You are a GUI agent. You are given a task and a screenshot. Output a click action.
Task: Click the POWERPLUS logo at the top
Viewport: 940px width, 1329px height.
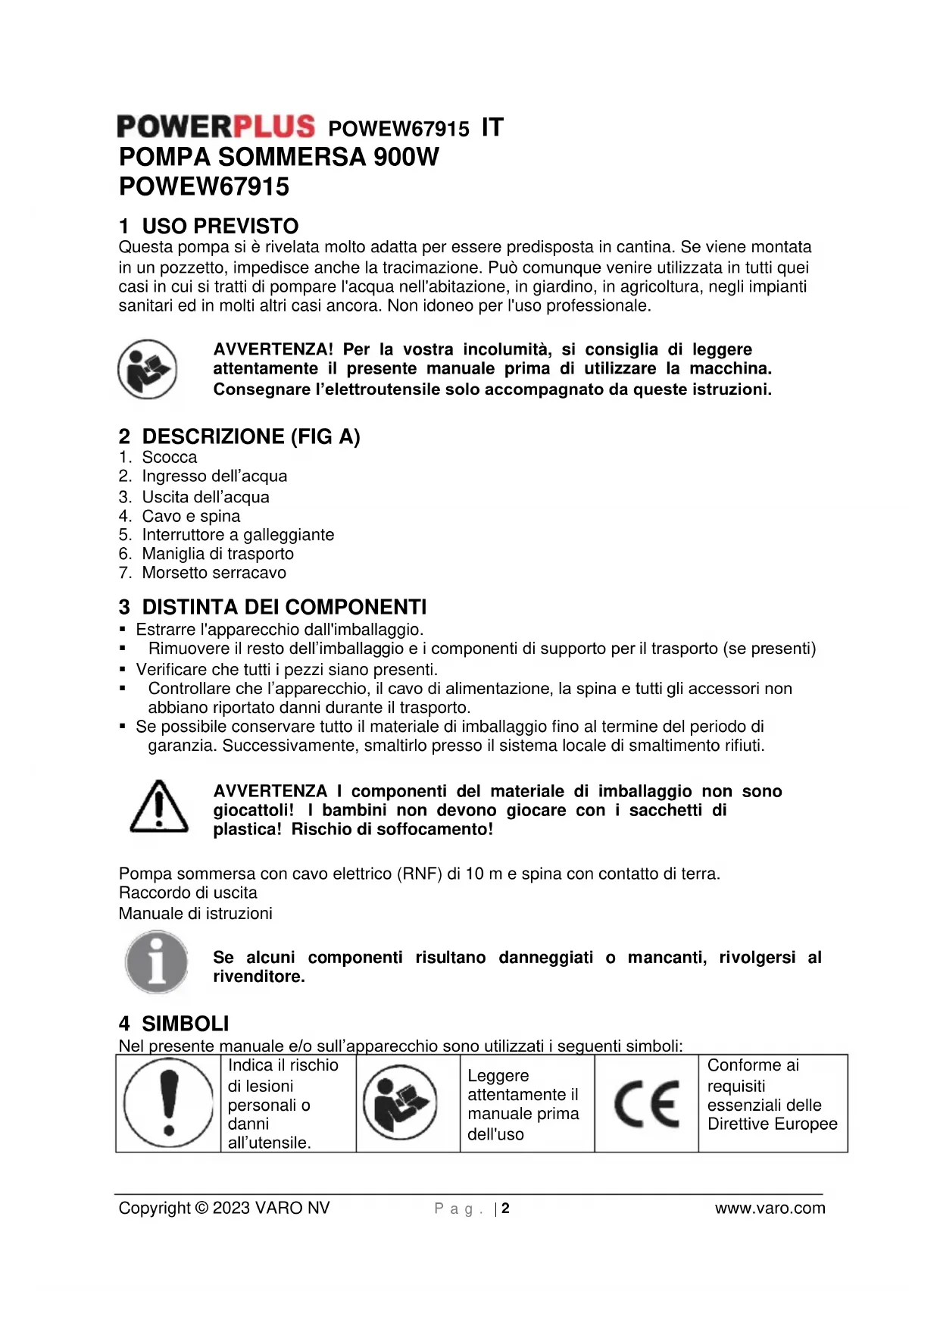tap(216, 127)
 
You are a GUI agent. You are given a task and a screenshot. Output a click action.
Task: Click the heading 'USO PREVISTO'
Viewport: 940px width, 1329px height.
tap(220, 226)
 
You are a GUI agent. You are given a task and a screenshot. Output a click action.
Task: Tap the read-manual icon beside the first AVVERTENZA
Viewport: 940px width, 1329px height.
tap(148, 369)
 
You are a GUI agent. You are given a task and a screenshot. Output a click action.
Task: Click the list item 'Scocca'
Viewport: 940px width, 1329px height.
tap(169, 457)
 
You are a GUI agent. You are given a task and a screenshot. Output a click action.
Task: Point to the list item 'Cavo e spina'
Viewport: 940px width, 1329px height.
tap(191, 516)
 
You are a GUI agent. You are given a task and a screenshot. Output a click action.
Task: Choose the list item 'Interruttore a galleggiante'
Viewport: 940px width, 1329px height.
tap(238, 535)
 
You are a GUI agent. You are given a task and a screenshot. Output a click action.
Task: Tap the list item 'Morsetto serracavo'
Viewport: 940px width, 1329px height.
tap(214, 573)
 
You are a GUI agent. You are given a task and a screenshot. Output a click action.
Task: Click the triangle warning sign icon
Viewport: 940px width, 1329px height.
tap(159, 808)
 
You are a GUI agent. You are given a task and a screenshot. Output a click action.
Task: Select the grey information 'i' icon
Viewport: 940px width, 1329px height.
tap(156, 962)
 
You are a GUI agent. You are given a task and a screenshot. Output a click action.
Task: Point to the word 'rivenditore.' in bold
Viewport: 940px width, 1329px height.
tap(259, 977)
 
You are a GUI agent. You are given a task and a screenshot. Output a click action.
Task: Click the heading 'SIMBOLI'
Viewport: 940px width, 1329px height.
tap(185, 1024)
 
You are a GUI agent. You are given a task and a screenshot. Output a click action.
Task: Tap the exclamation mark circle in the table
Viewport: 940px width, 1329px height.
tap(168, 1102)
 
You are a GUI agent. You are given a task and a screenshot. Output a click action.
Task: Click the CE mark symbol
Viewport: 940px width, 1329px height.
tap(646, 1103)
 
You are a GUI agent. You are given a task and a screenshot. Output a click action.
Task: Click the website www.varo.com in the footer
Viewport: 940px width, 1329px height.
tap(770, 1209)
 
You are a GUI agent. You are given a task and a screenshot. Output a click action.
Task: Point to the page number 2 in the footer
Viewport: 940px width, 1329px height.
tap(505, 1209)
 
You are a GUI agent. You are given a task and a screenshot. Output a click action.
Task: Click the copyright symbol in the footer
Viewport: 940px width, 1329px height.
tap(201, 1209)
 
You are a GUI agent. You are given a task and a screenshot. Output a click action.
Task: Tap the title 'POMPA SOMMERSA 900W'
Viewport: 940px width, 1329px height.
tap(279, 157)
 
